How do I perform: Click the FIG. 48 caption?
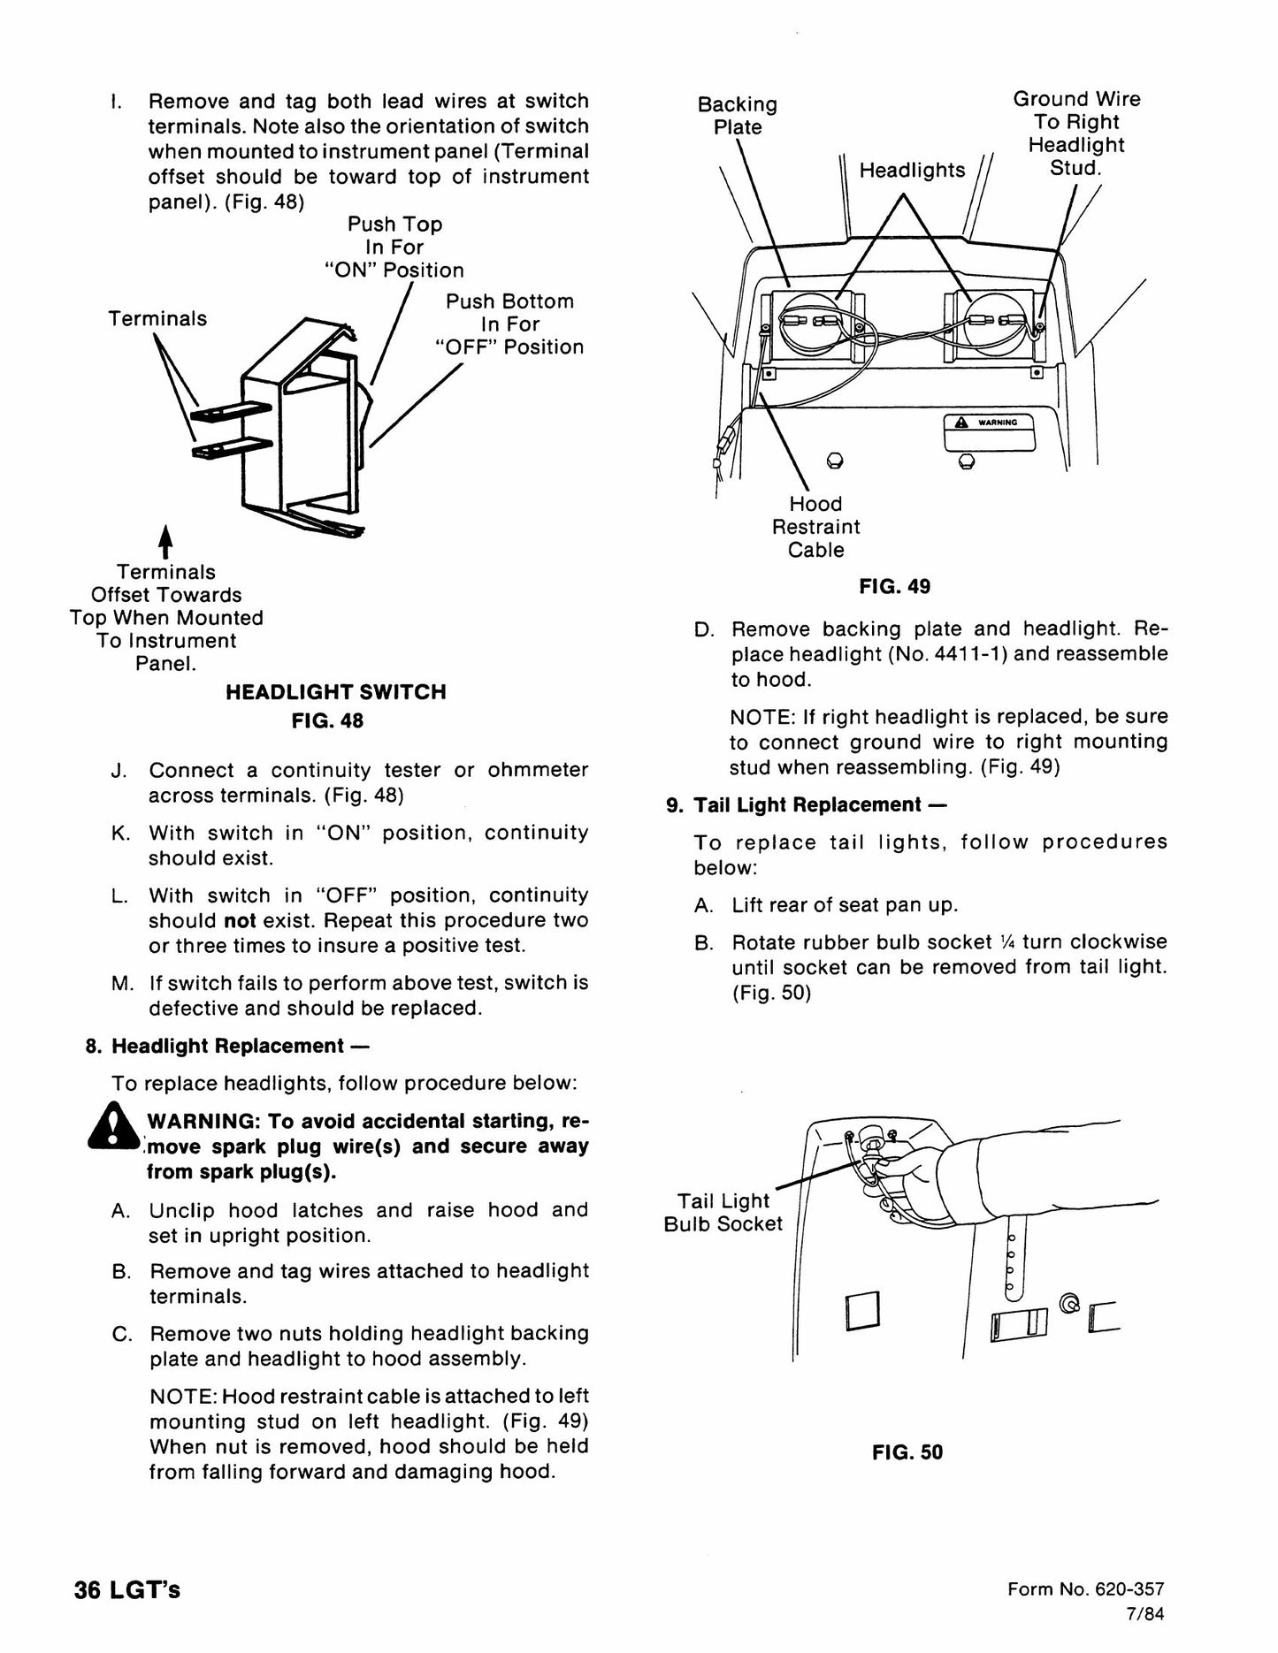pyautogui.click(x=327, y=720)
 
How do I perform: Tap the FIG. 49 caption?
pyautogui.click(x=894, y=587)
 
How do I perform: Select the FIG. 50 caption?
pyautogui.click(x=907, y=1452)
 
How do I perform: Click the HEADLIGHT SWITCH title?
pyautogui.click(x=336, y=692)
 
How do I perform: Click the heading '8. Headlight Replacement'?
pyautogui.click(x=226, y=1047)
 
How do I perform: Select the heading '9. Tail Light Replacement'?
pyautogui.click(x=806, y=805)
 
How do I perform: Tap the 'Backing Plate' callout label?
pyautogui.click(x=738, y=116)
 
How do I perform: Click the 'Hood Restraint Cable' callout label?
pyautogui.click(x=815, y=527)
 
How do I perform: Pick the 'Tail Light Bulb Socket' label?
pyautogui.click(x=723, y=1213)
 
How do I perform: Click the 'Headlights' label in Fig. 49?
pyautogui.click(x=912, y=170)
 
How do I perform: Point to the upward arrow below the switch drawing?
pyautogui.click(x=165, y=542)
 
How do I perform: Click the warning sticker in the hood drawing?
pyautogui.click(x=989, y=432)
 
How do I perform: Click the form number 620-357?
pyautogui.click(x=1136, y=1589)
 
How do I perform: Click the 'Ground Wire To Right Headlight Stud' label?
pyautogui.click(x=1076, y=133)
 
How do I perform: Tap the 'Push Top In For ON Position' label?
pyautogui.click(x=394, y=248)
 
